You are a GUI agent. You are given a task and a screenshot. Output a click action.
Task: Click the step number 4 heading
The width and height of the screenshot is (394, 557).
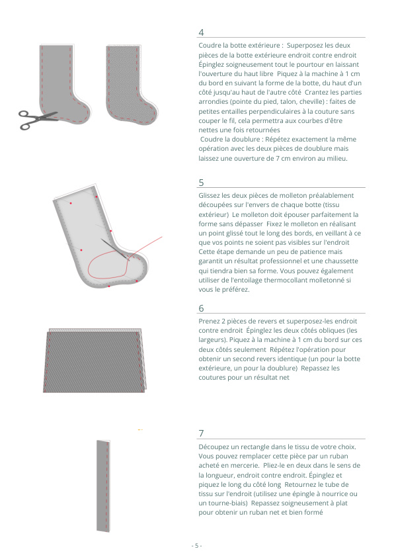(201, 32)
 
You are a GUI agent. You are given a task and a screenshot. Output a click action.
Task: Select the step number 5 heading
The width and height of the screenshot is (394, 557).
(201, 183)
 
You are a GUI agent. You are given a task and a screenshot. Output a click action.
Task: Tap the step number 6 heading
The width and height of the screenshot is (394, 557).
(201, 308)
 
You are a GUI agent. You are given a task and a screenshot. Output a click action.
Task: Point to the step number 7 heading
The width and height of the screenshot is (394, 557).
(201, 433)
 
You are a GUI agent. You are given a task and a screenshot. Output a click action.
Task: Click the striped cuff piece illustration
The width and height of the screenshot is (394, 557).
(95, 361)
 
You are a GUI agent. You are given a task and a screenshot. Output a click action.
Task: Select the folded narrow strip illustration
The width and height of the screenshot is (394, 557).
(103, 486)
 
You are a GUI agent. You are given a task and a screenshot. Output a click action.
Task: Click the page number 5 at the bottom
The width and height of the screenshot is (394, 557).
(196, 545)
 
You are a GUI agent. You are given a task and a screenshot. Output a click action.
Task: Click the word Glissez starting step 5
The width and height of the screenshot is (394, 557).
(210, 196)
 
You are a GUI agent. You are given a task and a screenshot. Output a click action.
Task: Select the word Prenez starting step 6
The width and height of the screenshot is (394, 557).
(209, 321)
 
